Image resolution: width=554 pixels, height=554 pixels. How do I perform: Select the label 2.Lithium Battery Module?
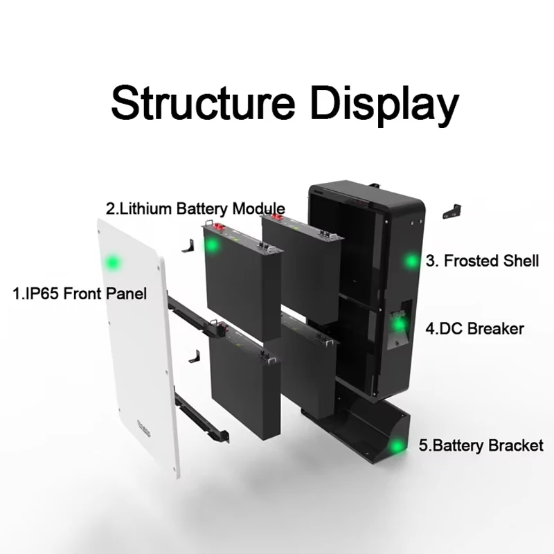195,208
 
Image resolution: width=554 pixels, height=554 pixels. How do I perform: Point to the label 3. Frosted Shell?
482,261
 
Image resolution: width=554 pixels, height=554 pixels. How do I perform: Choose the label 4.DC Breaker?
474,328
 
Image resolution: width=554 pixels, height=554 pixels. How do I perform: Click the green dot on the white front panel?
111,262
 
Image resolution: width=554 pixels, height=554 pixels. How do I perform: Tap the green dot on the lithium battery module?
211,246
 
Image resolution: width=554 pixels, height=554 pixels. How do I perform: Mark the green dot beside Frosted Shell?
411,261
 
